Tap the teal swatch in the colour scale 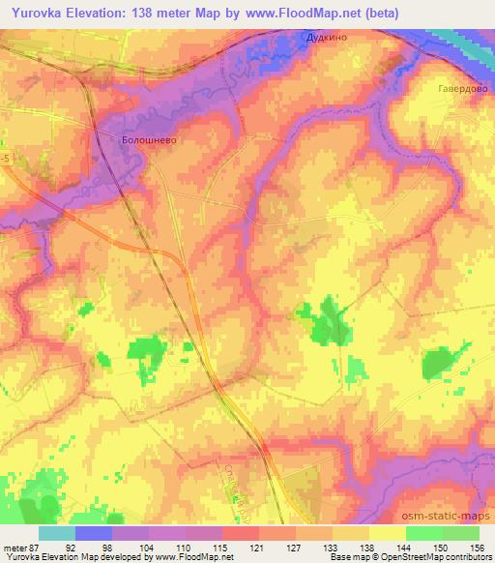pyautogui.click(x=57, y=534)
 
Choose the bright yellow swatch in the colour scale pyautogui.click(x=388, y=534)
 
